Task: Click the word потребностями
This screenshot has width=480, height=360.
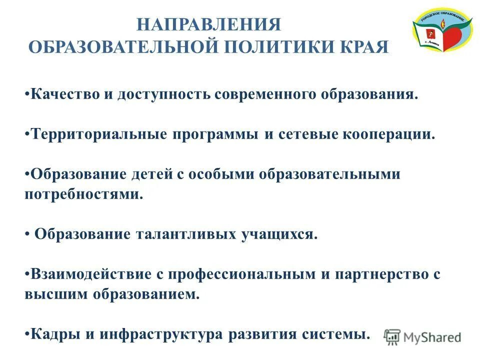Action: (x=83, y=194)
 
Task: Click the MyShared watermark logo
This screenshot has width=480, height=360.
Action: (x=423, y=337)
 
